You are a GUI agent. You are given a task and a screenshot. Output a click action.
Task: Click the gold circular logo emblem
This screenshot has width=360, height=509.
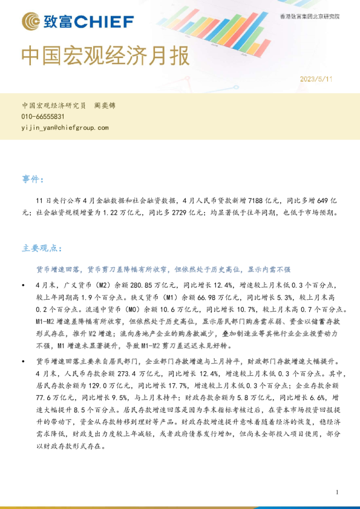click(x=30, y=22)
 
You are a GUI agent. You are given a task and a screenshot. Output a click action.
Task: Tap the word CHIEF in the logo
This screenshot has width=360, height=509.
click(x=105, y=22)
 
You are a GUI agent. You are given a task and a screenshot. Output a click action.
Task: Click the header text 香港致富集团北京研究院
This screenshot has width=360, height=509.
click(x=310, y=16)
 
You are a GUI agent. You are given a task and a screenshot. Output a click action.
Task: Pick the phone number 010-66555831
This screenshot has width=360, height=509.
click(x=43, y=117)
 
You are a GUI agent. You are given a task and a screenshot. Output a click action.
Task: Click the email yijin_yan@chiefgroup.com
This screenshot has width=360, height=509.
click(x=65, y=128)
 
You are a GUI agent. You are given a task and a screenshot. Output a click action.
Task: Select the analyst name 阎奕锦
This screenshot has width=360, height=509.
click(x=105, y=105)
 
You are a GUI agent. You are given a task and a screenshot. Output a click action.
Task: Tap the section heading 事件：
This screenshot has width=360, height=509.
click(x=33, y=180)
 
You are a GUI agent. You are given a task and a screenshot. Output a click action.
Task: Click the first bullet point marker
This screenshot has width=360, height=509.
click(x=24, y=284)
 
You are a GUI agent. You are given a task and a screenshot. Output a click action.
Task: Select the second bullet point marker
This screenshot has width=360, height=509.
click(x=24, y=361)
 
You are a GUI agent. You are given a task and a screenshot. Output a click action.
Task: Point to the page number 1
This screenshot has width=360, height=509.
click(x=336, y=493)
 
